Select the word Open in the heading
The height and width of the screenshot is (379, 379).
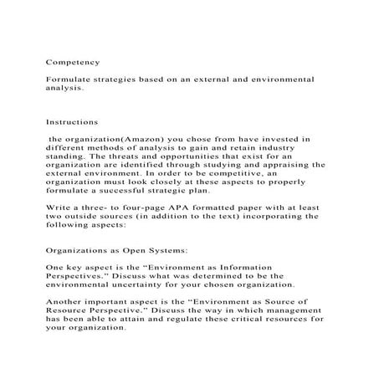[x=140, y=248]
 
